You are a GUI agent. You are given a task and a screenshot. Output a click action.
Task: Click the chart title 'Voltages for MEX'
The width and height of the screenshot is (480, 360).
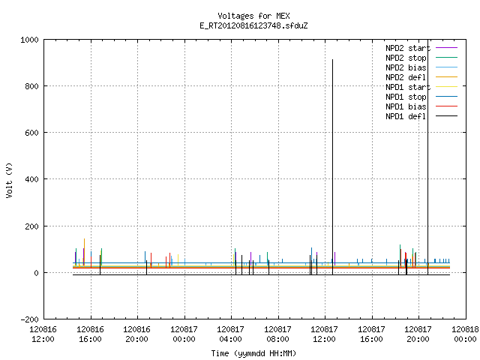253,16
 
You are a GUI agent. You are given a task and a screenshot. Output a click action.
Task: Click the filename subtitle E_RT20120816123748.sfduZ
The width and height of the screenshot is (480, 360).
253,25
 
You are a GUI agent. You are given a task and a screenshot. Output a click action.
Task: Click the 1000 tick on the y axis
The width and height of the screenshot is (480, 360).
29,40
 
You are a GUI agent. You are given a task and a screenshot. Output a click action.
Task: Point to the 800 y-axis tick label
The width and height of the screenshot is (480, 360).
31,86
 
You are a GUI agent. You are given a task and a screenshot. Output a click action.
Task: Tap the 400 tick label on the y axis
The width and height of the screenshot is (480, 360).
31,179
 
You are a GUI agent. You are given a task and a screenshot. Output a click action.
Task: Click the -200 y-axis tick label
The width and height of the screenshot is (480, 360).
30,319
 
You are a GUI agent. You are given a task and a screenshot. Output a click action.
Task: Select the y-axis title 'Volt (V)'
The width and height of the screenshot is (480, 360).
9,180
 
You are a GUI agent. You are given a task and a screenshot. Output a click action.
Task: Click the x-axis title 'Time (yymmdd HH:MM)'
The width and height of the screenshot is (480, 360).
253,353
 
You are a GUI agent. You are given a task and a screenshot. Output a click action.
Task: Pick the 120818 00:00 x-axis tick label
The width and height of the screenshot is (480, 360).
465,334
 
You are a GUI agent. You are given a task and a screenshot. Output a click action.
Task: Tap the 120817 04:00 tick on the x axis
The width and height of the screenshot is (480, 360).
230,334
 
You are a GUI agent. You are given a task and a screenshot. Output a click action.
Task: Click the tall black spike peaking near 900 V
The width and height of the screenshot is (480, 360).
332,166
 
